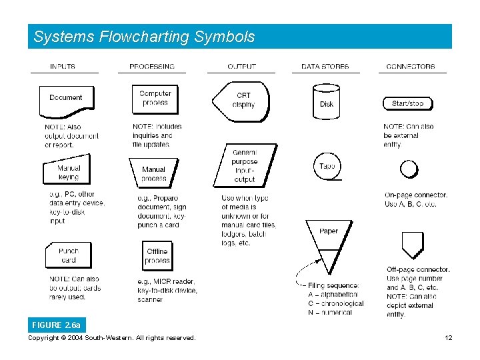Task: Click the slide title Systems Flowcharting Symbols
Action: (144, 37)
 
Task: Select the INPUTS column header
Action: (63, 67)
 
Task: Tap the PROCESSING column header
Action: (152, 67)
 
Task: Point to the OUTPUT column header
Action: (241, 67)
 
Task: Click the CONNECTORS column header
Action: (411, 67)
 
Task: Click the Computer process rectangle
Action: (155, 98)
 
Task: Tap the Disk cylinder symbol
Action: (327, 99)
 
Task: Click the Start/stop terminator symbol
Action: (407, 103)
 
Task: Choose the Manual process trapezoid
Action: (153, 173)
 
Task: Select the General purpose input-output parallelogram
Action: (244, 165)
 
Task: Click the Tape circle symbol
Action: (327, 166)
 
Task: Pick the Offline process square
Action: (157, 256)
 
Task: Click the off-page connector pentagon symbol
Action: (413, 244)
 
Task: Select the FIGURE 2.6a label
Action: (57, 325)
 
